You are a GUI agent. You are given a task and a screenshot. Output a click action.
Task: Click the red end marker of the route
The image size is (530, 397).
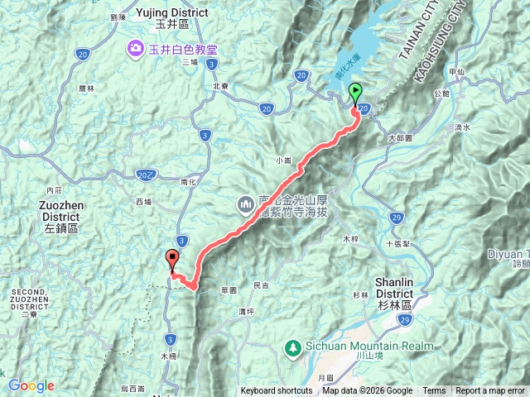[172, 259]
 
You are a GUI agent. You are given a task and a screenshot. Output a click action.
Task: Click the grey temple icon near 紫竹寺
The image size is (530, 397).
[246, 203]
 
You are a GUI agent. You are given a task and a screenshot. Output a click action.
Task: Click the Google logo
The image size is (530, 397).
[31, 385]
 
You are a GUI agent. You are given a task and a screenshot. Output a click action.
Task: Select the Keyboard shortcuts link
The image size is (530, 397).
[277, 391]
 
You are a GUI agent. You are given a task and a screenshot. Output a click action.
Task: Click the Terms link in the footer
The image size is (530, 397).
[434, 391]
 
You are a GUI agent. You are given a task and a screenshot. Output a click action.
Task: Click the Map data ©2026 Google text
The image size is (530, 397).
[367, 391]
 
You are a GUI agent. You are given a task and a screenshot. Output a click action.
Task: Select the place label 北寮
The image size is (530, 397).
[220, 85]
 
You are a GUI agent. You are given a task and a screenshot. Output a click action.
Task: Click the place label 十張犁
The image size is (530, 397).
[398, 245]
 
